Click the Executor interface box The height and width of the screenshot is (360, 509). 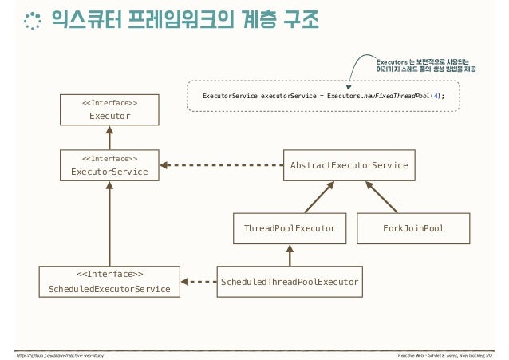[109, 109]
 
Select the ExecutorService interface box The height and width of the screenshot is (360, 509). [109, 165]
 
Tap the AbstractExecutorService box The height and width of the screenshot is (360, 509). [349, 165]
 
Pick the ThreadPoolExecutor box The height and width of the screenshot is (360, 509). [290, 228]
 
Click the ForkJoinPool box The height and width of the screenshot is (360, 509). [412, 228]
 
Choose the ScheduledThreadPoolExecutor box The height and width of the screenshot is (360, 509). [290, 281]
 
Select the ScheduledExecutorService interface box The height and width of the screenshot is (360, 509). [109, 282]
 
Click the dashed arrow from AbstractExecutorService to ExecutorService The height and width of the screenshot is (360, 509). [223, 165]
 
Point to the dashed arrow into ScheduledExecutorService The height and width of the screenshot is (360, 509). [199, 281]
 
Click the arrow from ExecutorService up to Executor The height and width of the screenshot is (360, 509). [109, 137]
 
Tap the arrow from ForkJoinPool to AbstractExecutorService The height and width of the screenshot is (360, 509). [381, 196]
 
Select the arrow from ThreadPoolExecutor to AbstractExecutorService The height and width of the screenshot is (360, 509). [315, 196]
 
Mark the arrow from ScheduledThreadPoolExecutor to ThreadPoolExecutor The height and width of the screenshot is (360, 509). [290, 255]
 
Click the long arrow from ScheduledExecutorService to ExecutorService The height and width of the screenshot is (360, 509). [109, 224]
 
